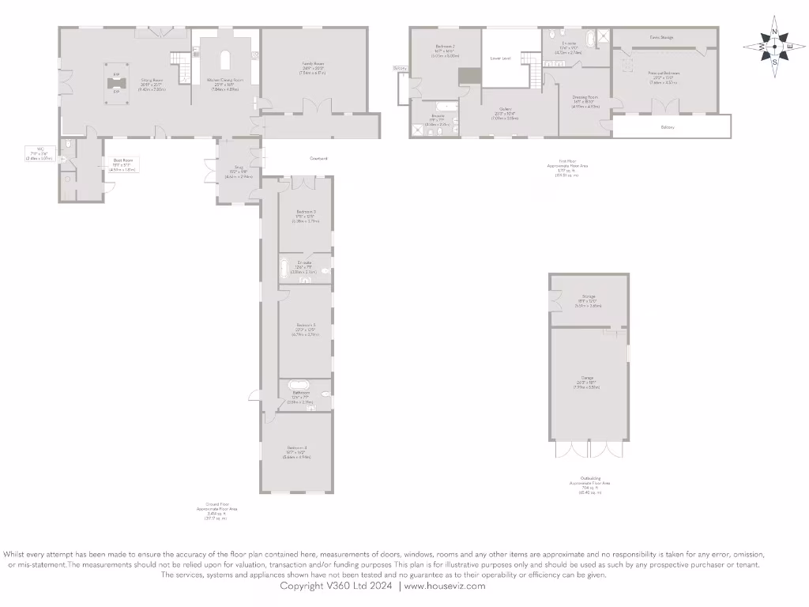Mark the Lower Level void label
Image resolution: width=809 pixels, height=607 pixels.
pyautogui.click(x=500, y=58)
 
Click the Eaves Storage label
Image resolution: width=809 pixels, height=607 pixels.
pyautogui.click(x=661, y=37)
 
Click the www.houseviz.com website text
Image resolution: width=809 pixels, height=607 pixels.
pyautogui.click(x=445, y=586)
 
